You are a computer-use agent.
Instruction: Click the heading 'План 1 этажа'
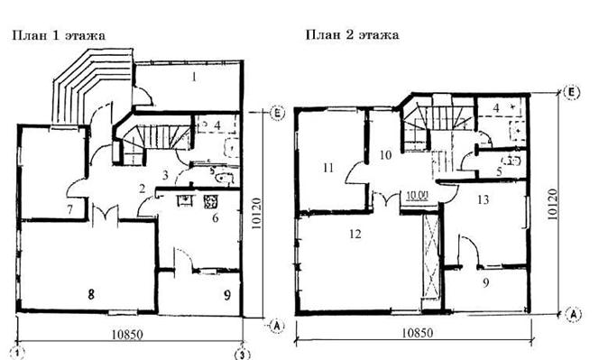pyautogui.click(x=59, y=35)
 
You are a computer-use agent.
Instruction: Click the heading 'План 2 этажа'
pyautogui.click(x=352, y=35)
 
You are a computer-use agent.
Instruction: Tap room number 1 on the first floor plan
pyautogui.click(x=194, y=78)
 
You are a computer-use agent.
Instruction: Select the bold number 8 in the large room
pyautogui.click(x=91, y=294)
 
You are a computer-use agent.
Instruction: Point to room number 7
pyautogui.click(x=69, y=209)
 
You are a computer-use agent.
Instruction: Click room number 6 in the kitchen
pyautogui.click(x=216, y=217)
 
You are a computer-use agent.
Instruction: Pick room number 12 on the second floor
pyautogui.click(x=355, y=234)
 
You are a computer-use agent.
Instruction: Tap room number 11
pyautogui.click(x=328, y=168)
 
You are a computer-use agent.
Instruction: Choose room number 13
pyautogui.click(x=484, y=199)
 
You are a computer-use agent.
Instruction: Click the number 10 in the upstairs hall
pyautogui.click(x=386, y=155)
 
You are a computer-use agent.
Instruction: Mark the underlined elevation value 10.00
pyautogui.click(x=417, y=196)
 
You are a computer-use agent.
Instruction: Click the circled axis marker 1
pyautogui.click(x=17, y=353)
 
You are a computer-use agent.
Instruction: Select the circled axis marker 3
pyautogui.click(x=242, y=354)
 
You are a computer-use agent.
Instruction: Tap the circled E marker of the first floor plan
pyautogui.click(x=278, y=113)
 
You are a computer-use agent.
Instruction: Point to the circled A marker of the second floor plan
pyautogui.click(x=573, y=315)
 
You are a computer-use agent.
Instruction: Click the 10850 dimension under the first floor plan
pyautogui.click(x=127, y=335)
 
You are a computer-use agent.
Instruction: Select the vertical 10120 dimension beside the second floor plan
pyautogui.click(x=552, y=204)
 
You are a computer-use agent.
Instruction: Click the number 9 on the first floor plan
pyautogui.click(x=227, y=295)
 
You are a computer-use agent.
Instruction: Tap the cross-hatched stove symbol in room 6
pyautogui.click(x=210, y=202)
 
